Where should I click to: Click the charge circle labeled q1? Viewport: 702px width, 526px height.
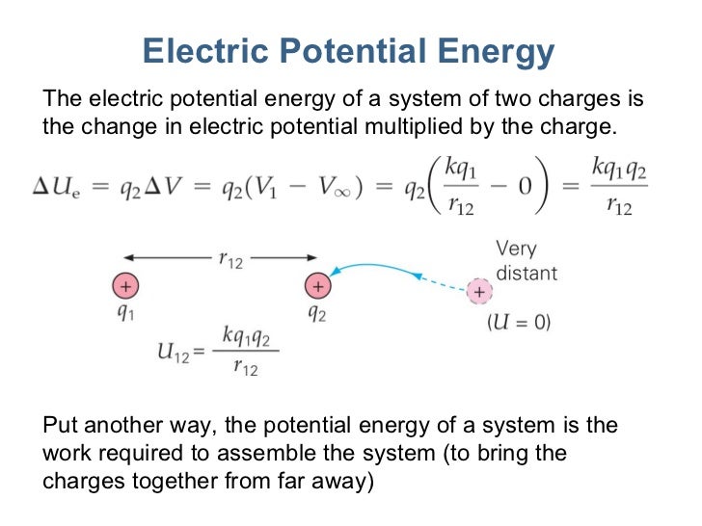click(125, 286)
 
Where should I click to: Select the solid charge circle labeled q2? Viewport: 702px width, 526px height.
click(316, 286)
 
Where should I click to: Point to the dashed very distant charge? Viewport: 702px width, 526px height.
click(478, 291)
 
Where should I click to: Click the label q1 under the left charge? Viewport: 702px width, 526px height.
click(125, 314)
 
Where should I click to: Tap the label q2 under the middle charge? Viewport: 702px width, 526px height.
click(316, 314)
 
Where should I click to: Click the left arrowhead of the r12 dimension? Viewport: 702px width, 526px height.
click(128, 258)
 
